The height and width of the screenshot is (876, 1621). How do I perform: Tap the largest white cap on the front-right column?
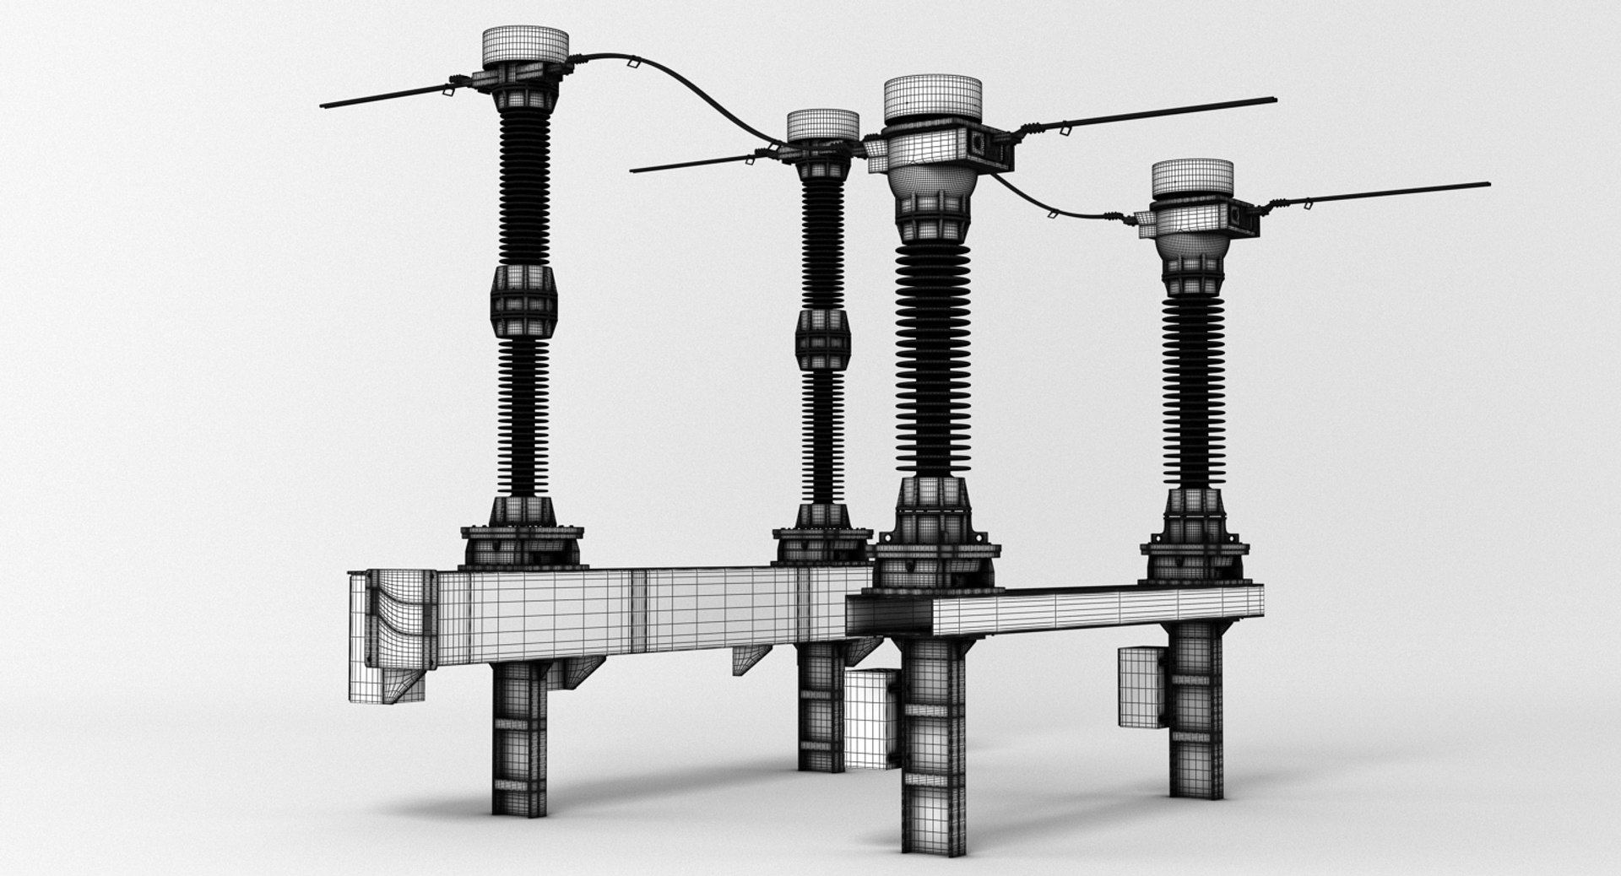pos(932,100)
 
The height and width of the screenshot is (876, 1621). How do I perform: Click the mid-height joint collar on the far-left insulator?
pos(522,300)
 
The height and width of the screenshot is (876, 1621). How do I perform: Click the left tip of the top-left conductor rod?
pos(325,105)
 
